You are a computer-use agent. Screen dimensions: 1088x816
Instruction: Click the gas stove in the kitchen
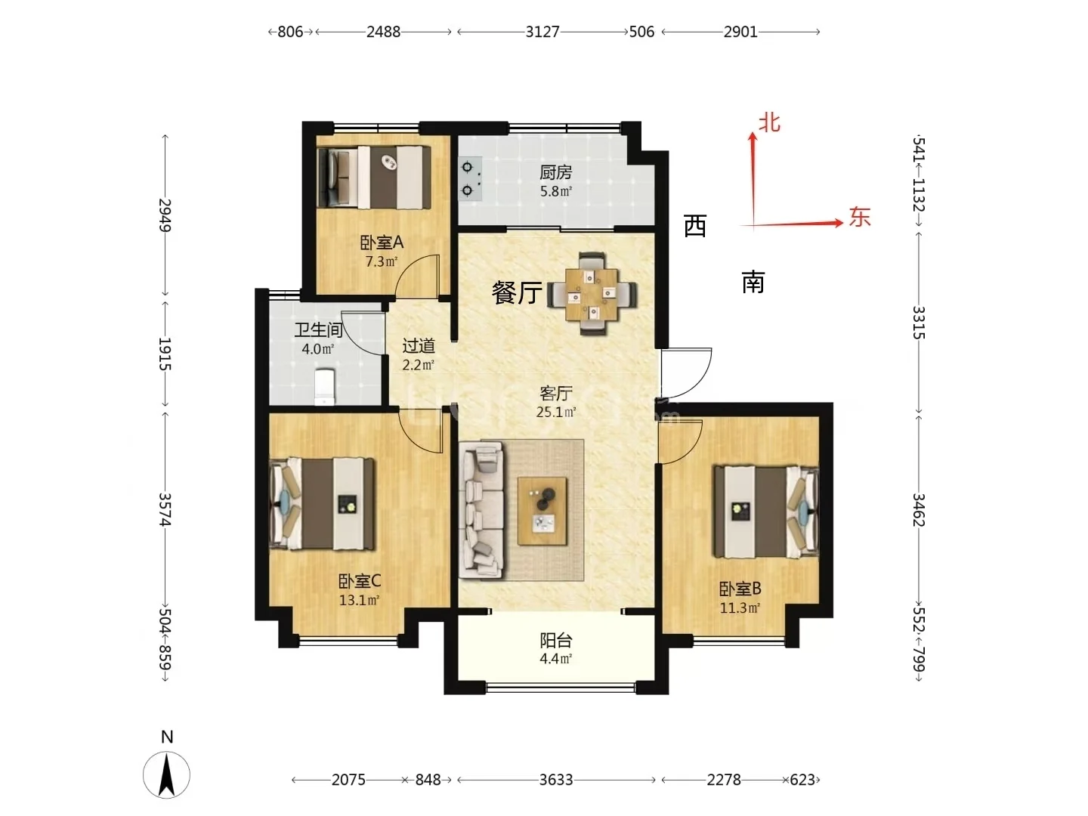click(x=470, y=179)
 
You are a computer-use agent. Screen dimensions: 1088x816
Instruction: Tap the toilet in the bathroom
click(x=325, y=386)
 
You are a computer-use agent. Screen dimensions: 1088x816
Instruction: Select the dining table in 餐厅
click(x=592, y=294)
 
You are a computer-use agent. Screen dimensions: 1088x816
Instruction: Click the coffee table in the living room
click(x=542, y=511)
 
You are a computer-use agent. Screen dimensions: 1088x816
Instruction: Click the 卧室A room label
click(x=382, y=243)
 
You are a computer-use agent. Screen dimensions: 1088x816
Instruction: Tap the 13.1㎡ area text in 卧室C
click(x=360, y=601)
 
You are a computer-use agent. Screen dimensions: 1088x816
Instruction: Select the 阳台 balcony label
click(x=555, y=641)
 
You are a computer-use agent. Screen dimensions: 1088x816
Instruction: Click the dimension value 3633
click(x=556, y=779)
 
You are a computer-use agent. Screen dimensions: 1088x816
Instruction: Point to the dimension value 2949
click(x=165, y=215)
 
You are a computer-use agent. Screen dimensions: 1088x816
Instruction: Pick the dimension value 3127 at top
click(x=542, y=32)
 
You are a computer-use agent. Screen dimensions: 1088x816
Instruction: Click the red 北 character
click(x=769, y=122)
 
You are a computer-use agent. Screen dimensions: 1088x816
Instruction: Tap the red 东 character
click(x=860, y=217)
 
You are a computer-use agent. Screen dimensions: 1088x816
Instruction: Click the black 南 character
click(x=753, y=282)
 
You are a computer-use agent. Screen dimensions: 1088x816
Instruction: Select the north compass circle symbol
click(x=166, y=775)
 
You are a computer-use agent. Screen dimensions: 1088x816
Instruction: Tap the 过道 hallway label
click(x=419, y=345)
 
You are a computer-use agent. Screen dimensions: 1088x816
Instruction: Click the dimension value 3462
click(x=919, y=510)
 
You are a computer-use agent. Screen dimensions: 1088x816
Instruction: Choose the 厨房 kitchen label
click(x=555, y=172)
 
